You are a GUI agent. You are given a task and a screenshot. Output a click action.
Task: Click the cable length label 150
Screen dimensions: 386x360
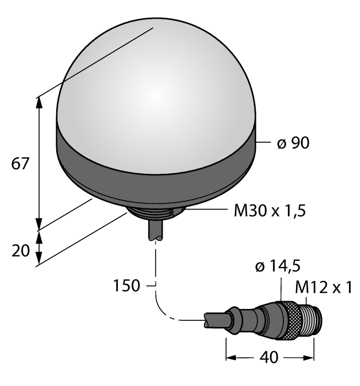(x=126, y=286)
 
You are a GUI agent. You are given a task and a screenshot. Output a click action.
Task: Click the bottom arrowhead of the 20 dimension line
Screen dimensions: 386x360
(x=39, y=260)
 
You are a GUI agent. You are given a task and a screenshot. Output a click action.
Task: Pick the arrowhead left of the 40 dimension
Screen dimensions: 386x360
(x=230, y=357)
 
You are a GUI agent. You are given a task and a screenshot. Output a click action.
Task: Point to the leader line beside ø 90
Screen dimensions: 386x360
(x=264, y=144)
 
